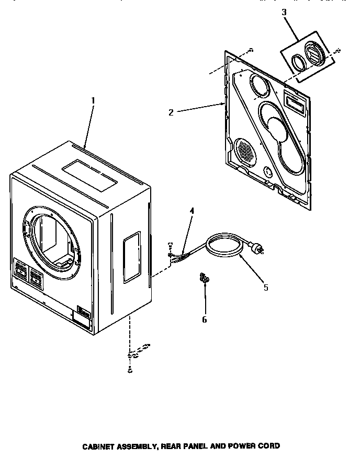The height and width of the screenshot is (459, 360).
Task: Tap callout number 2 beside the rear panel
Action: coord(171,111)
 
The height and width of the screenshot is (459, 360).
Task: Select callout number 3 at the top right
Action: coord(284,12)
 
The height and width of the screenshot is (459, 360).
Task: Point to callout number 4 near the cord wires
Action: coord(192,211)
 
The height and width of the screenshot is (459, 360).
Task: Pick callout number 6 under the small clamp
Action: coord(204,319)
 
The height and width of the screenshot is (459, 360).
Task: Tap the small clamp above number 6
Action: coord(203,279)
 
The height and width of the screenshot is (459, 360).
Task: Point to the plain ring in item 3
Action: coord(298,63)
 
